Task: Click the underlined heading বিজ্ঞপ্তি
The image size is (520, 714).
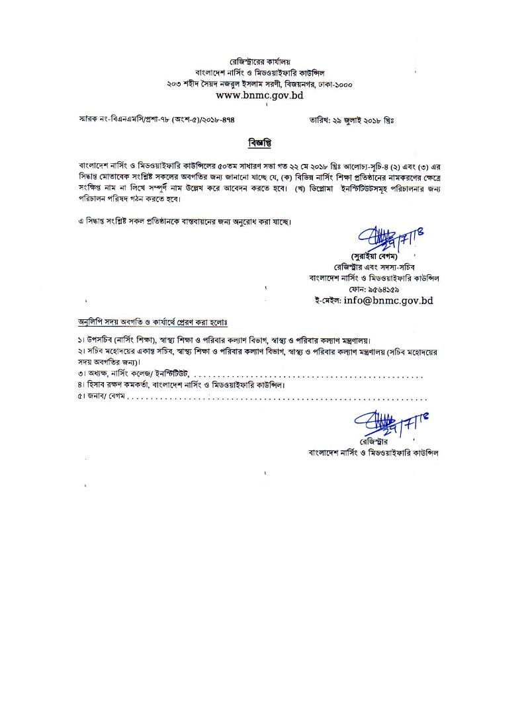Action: [x=260, y=143]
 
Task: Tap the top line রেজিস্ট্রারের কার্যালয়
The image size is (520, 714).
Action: [x=260, y=61]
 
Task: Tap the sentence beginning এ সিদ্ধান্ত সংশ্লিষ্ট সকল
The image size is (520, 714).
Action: [x=183, y=220]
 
